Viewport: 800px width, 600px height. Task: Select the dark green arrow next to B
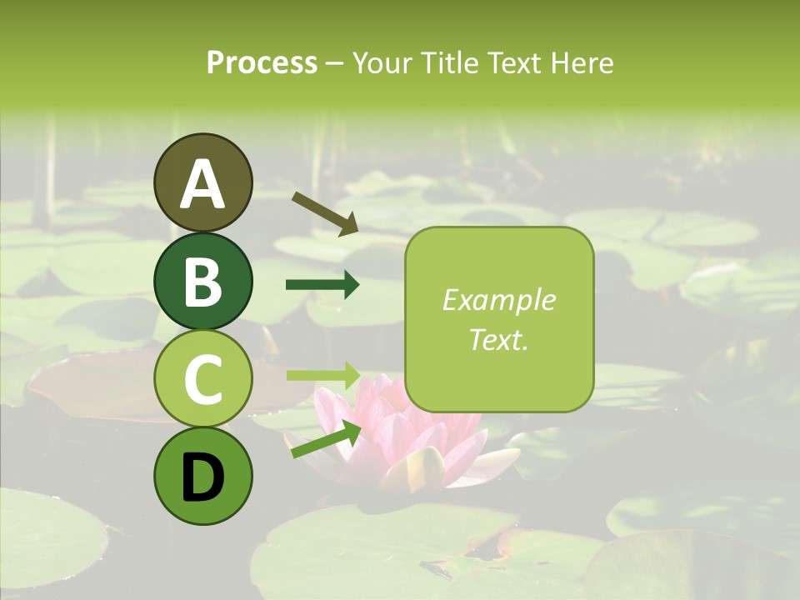(x=322, y=285)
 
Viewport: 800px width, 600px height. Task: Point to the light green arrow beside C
(x=322, y=374)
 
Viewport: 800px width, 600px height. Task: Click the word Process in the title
(x=262, y=62)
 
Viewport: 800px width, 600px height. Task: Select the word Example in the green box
(x=498, y=300)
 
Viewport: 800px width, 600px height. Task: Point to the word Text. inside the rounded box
(x=498, y=339)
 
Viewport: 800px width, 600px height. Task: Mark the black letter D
(x=203, y=478)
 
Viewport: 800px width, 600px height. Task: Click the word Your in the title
(x=382, y=62)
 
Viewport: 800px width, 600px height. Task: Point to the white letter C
(x=203, y=380)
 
